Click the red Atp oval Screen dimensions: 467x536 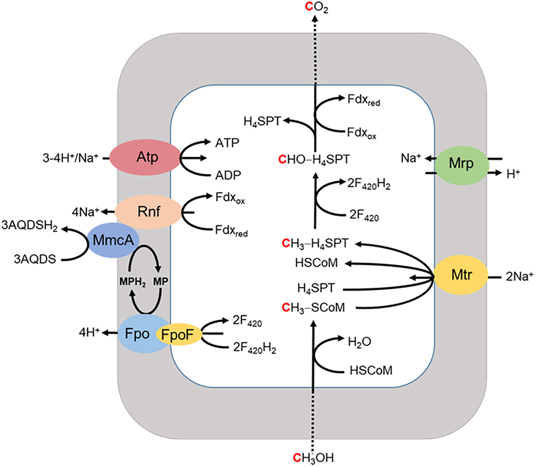(x=145, y=157)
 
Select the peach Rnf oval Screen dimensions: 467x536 (x=148, y=212)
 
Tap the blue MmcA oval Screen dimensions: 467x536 (x=113, y=240)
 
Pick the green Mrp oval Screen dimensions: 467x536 (x=461, y=165)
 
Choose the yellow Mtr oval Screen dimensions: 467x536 (x=461, y=275)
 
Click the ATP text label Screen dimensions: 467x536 (x=227, y=143)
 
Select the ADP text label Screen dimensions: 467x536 (x=228, y=175)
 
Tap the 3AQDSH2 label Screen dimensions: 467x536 (x=29, y=225)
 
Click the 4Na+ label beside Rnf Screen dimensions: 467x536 (x=86, y=212)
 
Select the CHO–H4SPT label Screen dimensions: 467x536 (x=314, y=159)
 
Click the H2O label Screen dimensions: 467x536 (x=359, y=342)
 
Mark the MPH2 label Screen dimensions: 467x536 (x=132, y=282)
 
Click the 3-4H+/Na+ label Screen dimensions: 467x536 (x=70, y=158)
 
